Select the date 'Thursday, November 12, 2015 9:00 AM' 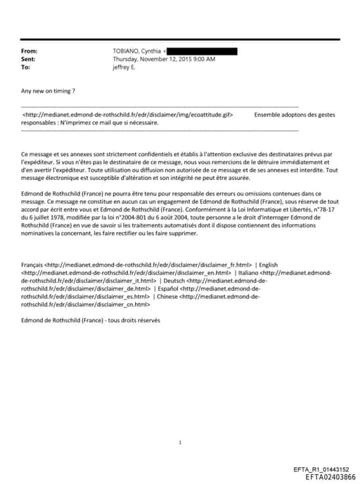pyautogui.click(x=165, y=59)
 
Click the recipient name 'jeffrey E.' pyautogui.click(x=128, y=67)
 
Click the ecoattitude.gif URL pyautogui.click(x=127, y=114)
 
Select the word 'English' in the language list pyautogui.click(x=269, y=265)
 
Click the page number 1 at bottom pyautogui.click(x=181, y=442)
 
